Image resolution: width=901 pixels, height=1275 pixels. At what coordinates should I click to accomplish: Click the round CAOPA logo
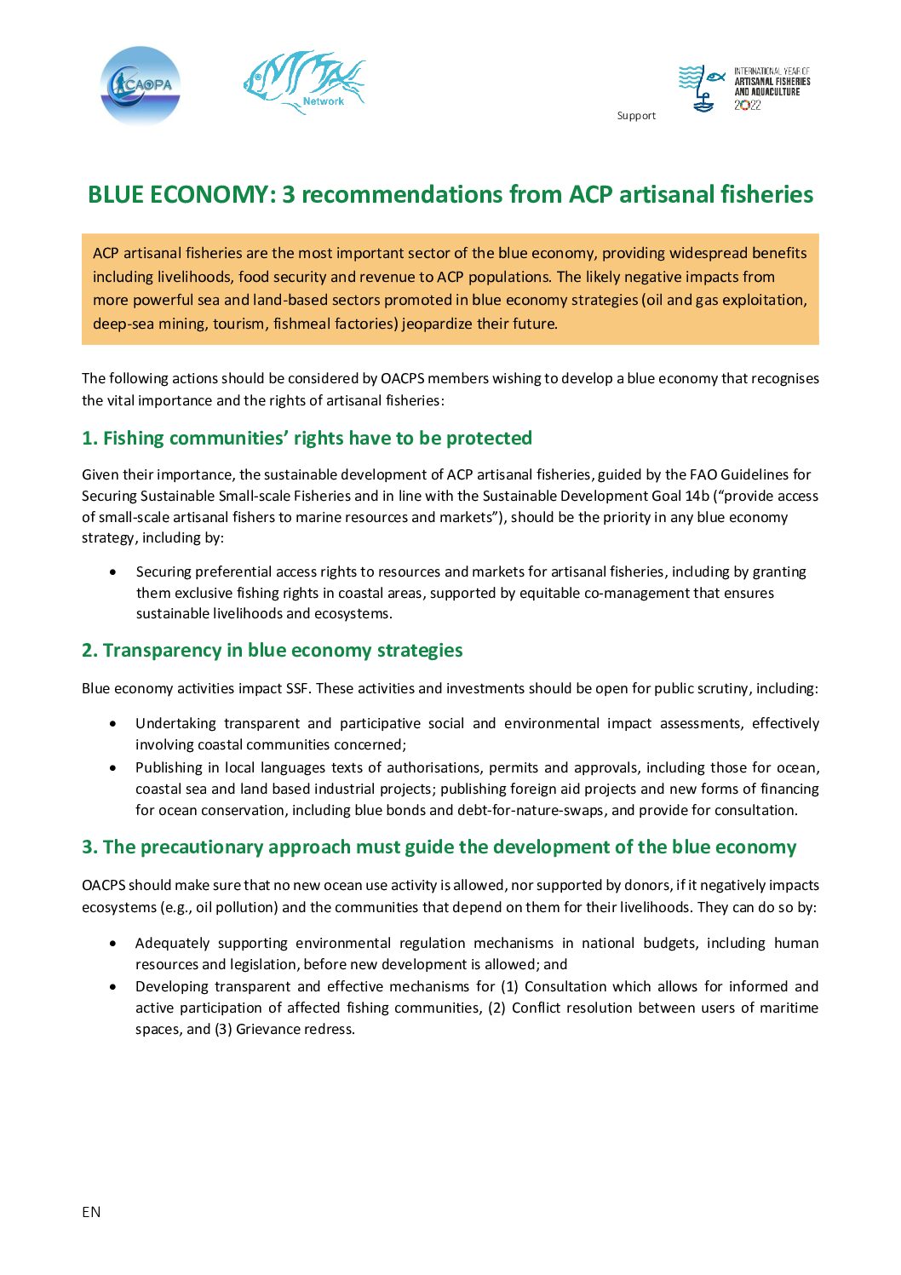point(141,85)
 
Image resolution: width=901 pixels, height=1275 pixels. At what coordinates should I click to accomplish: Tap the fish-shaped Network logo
point(305,83)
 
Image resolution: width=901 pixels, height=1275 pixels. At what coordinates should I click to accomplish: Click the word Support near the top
point(636,116)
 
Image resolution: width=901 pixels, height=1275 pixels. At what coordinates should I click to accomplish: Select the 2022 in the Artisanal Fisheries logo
point(747,106)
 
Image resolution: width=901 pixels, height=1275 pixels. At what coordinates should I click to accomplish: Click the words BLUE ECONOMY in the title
point(178,195)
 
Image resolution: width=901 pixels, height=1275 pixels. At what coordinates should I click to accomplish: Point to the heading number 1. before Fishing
point(89,439)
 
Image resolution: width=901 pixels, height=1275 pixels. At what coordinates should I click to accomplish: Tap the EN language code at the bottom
point(91,1212)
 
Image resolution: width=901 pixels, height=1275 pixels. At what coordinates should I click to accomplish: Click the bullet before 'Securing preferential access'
point(113,571)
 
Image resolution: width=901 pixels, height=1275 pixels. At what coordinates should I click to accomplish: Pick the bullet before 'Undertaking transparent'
point(113,723)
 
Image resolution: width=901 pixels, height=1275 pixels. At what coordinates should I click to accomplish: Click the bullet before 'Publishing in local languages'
point(113,767)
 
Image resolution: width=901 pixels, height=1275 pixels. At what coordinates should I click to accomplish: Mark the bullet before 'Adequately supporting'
point(113,943)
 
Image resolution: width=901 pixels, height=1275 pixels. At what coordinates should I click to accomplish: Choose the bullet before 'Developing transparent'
point(113,986)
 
